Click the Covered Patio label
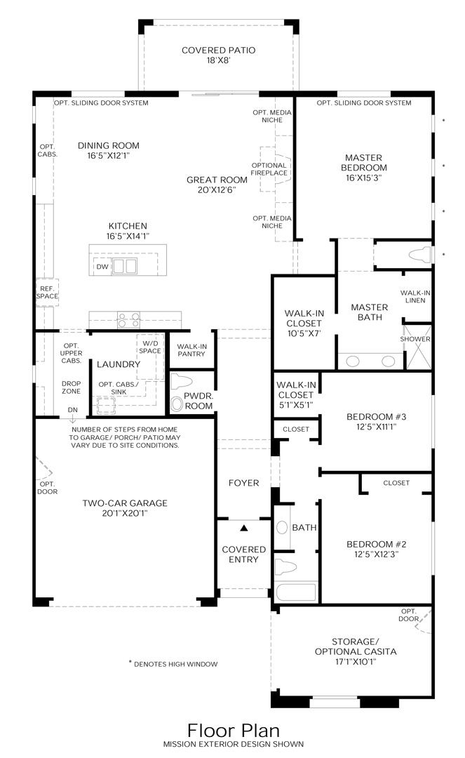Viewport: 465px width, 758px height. [218, 55]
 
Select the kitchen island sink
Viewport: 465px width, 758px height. [125, 266]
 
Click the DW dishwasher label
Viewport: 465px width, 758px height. [102, 267]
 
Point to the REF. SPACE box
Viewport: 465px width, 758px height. [47, 293]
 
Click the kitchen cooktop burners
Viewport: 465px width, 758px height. [128, 320]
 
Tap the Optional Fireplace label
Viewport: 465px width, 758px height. [269, 168]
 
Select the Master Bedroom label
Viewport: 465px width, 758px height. [363, 167]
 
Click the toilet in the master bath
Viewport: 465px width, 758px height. [419, 254]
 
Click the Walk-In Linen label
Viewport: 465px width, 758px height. [415, 296]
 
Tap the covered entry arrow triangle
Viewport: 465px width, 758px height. [244, 528]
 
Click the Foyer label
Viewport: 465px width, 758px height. [244, 482]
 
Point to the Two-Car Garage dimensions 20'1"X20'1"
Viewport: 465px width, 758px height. [125, 513]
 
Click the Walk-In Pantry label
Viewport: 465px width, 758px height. [191, 350]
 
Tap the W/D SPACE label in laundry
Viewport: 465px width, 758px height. [149, 347]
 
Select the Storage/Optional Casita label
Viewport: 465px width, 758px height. [356, 651]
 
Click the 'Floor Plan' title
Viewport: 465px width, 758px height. [234, 730]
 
